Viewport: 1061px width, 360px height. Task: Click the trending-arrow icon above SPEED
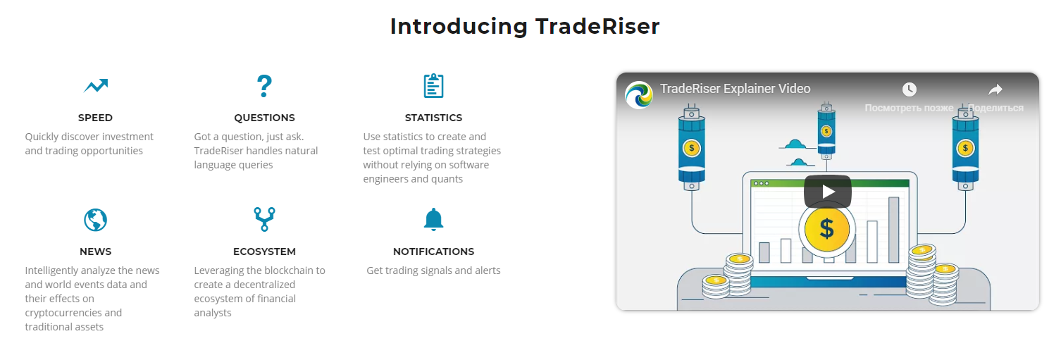[96, 86]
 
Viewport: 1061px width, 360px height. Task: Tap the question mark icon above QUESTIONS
[264, 86]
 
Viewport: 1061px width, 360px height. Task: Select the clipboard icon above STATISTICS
[433, 86]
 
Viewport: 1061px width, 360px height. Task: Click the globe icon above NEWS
[96, 220]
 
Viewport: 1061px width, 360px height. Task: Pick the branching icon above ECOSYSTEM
[264, 219]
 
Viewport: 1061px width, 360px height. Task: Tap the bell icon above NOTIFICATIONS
[433, 219]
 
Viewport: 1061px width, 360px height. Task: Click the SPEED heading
[95, 118]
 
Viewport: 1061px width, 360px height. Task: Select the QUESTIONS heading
[264, 118]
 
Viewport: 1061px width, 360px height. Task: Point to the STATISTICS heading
[433, 118]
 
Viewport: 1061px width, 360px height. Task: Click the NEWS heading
[96, 252]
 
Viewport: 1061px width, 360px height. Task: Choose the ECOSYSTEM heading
[264, 252]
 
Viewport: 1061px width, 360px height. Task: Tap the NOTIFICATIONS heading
[433, 252]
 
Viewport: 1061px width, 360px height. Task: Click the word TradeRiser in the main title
[597, 26]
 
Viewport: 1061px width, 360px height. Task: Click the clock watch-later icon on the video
[909, 89]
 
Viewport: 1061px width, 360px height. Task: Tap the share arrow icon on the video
[995, 89]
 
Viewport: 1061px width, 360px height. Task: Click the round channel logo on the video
[639, 94]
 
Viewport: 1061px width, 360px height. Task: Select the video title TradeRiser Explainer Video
[735, 89]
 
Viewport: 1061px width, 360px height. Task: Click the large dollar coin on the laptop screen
[826, 229]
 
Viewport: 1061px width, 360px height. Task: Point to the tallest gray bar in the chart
[894, 230]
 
